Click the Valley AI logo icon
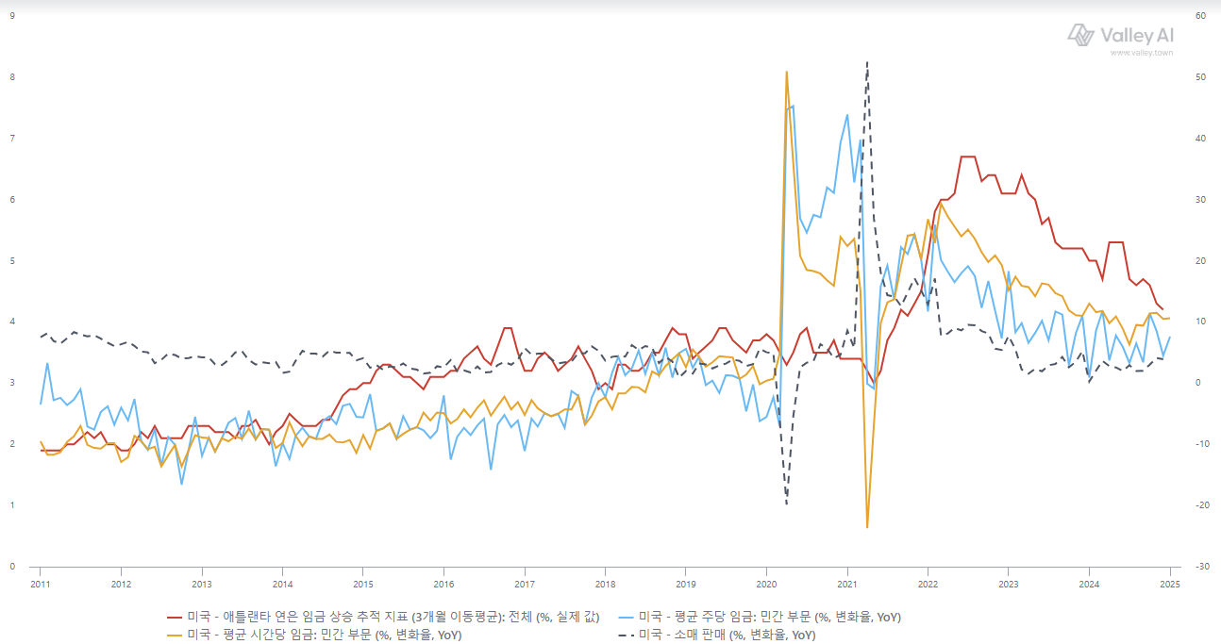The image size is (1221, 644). click(1080, 35)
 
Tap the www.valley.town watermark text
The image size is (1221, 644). click(1142, 53)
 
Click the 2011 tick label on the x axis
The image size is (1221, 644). click(40, 584)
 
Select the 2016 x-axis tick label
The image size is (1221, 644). click(443, 584)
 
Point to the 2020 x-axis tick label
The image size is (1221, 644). click(766, 584)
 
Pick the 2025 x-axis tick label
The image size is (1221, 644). click(1170, 584)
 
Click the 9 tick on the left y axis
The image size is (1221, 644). click(12, 16)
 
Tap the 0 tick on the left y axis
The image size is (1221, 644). click(12, 566)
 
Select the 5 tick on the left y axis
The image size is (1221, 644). click(12, 260)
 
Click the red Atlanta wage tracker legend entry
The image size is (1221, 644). click(383, 617)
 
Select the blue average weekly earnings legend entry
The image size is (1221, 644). click(760, 617)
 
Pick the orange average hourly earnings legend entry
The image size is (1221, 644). click(314, 635)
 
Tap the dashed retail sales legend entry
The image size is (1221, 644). click(717, 635)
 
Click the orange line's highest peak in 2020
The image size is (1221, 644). click(787, 72)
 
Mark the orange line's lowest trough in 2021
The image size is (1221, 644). click(867, 527)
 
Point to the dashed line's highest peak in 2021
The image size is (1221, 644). click(867, 62)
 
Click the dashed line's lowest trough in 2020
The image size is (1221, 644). click(787, 504)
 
